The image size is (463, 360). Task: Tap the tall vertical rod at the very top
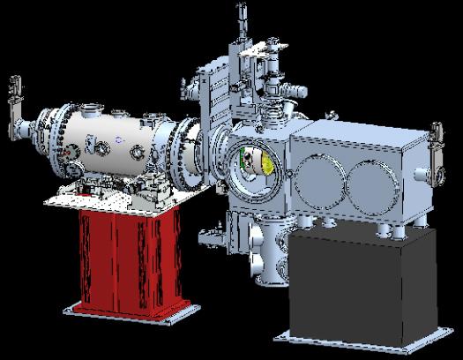pyautogui.click(x=238, y=26)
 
